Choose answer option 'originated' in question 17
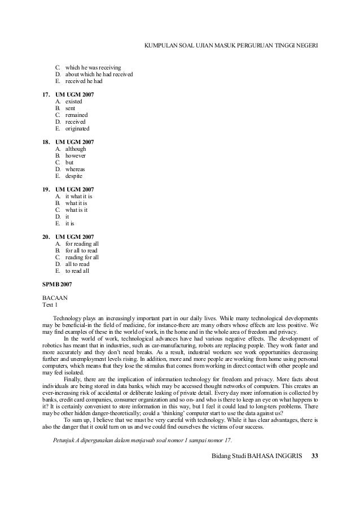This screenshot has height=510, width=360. click(77, 128)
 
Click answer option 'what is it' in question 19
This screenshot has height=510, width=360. click(76, 210)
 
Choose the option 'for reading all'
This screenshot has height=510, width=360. click(82, 243)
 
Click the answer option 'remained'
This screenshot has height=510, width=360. click(77, 115)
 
